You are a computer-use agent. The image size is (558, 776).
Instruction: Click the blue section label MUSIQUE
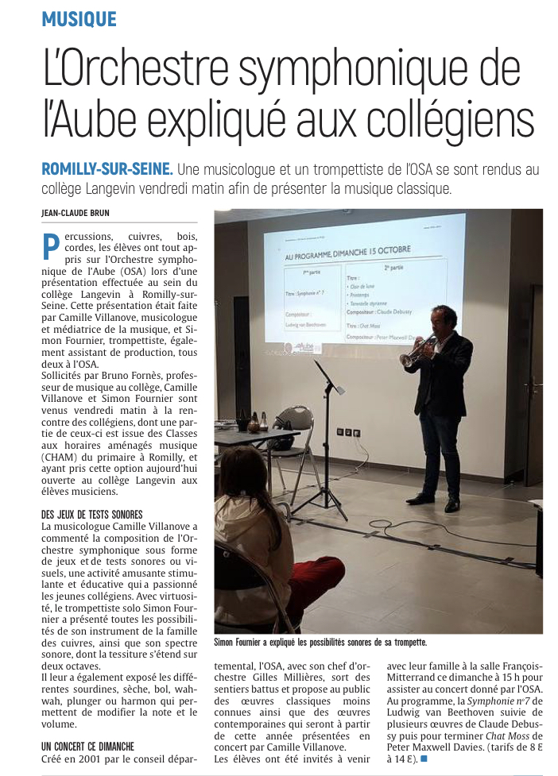79,19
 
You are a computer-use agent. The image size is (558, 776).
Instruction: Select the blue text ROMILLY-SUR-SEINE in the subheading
107,169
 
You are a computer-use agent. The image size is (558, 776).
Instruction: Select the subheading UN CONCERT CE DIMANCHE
87,747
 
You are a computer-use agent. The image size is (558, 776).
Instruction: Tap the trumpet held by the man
415,352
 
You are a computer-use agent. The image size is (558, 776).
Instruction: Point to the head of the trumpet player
444,318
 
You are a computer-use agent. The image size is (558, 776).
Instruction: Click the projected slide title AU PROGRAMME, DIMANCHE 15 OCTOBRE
348,253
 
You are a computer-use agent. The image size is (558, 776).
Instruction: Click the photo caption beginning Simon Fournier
320,642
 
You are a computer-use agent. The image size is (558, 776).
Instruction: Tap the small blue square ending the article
424,759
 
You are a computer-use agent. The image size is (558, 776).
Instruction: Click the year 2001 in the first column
91,759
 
